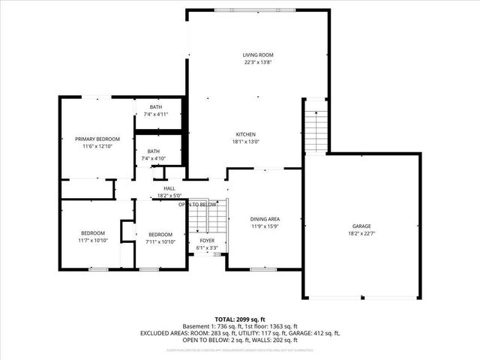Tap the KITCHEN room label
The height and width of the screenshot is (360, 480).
point(246,134)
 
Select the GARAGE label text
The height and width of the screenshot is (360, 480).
point(361,226)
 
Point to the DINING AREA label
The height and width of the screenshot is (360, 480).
point(265,219)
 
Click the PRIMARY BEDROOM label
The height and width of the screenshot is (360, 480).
point(97,139)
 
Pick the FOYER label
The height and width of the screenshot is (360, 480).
point(206,241)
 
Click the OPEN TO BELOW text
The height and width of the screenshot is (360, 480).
point(197,204)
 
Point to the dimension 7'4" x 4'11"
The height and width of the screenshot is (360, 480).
point(155,114)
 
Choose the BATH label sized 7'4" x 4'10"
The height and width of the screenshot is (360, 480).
point(153,151)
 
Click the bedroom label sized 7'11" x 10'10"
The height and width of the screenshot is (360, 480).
point(160,234)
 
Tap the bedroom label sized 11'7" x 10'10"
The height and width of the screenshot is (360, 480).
point(93,233)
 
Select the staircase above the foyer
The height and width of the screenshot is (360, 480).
point(207,217)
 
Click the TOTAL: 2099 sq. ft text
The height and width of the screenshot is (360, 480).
point(239,319)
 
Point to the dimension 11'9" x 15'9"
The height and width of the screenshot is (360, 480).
point(265,226)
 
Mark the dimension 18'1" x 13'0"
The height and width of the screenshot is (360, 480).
point(246,142)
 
